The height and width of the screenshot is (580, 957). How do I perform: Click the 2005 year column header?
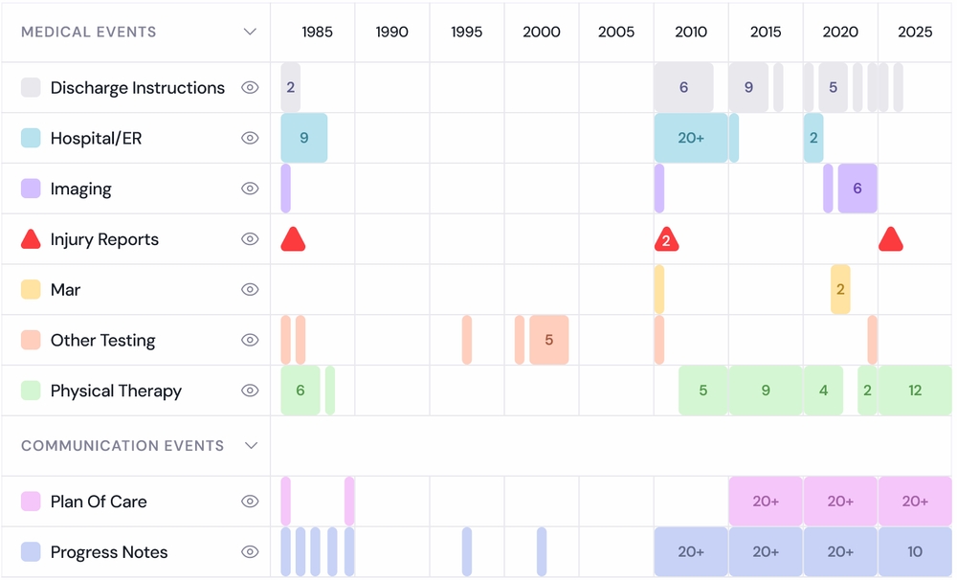pos(616,32)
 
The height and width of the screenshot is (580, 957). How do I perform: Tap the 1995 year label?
pos(466,32)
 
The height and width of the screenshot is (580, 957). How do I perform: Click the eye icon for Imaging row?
pos(250,189)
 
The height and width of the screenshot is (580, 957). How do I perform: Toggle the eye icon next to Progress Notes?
pos(250,552)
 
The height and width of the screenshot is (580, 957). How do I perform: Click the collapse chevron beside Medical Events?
pos(250,32)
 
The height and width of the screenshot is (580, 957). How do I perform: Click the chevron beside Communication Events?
pos(251,445)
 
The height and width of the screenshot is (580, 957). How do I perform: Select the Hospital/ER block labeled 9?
pos(304,138)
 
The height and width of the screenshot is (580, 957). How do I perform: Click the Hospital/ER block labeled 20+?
pos(691,138)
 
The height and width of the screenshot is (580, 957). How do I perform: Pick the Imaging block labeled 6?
pos(857,189)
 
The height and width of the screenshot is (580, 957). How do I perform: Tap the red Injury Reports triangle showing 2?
pos(666,240)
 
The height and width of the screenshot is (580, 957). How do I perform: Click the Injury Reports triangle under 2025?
pos(891,240)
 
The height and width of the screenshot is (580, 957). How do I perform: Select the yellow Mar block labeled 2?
pos(840,290)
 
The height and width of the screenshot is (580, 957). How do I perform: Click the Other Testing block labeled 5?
pos(548,340)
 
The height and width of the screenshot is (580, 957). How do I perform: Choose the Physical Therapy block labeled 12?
pos(915,390)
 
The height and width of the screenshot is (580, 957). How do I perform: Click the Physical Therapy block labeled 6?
pos(300,390)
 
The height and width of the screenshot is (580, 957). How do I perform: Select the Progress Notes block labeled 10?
pos(915,552)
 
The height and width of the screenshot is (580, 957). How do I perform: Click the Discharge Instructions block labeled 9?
pos(748,87)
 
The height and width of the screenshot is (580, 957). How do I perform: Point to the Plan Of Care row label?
pos(99,502)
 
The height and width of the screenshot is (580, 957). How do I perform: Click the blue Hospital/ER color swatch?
pos(31,138)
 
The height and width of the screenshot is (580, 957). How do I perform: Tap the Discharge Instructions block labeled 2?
pos(291,87)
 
